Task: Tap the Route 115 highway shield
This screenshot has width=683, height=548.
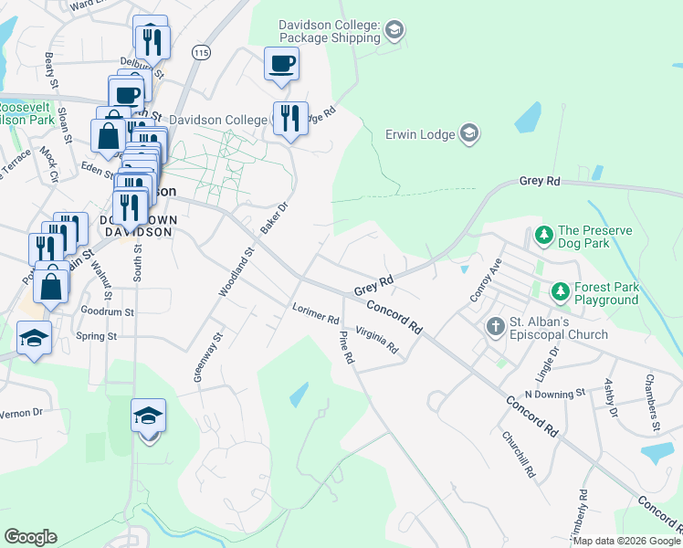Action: click(201, 54)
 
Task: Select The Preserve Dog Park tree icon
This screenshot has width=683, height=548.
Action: click(543, 236)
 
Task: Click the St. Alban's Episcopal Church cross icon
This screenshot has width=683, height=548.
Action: click(496, 326)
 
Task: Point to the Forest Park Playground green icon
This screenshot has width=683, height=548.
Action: click(560, 292)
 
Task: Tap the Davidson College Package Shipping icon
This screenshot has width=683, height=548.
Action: click(394, 31)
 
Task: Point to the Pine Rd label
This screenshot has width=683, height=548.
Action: click(345, 348)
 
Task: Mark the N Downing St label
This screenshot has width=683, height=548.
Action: click(554, 393)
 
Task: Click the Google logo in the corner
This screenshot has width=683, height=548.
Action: click(32, 537)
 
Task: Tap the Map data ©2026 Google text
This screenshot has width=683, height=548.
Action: click(626, 541)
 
